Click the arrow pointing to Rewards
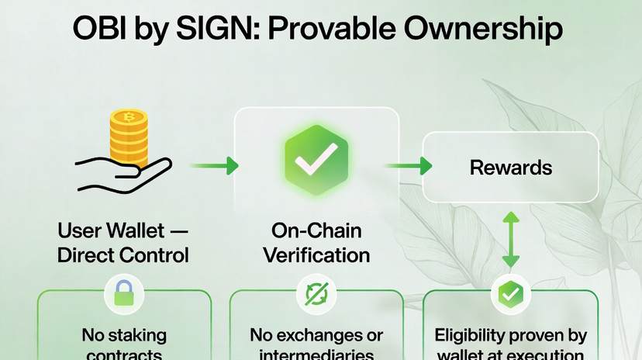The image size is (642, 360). tap(408, 164)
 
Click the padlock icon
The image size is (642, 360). tap(125, 293)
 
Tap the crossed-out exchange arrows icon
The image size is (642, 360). tap(316, 293)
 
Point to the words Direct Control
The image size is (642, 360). tap(124, 254)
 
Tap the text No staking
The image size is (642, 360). tap(124, 335)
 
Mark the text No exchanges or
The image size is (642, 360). tap(316, 335)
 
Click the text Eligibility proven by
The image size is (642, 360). tap(510, 335)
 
